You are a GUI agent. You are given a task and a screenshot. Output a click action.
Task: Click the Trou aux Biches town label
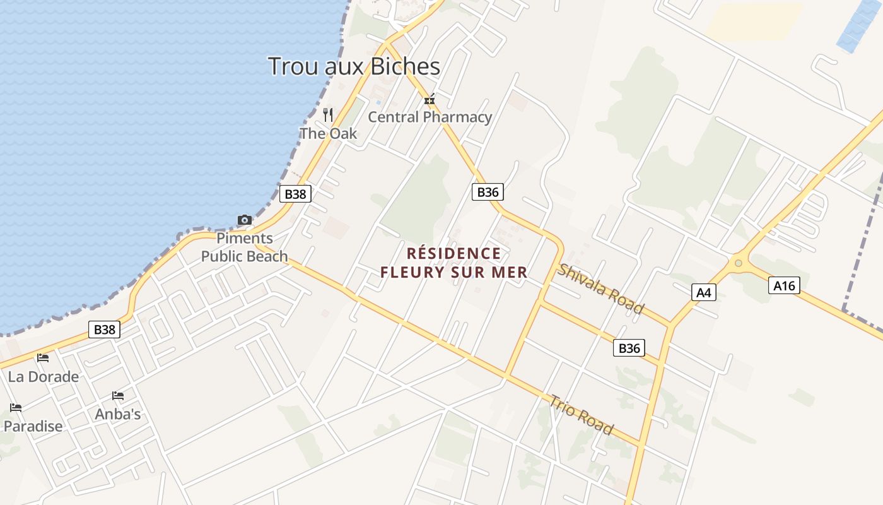[354, 66]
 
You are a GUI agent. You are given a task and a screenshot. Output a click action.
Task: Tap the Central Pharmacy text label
[430, 117]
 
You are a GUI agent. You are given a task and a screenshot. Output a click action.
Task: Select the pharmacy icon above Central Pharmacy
[430, 100]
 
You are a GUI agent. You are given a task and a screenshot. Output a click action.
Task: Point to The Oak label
[328, 133]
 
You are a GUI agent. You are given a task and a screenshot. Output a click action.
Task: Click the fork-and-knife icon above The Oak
[328, 114]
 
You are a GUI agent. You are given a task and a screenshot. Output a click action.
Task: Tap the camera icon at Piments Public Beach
[245, 220]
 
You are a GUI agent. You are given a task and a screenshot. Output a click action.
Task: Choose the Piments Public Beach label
[245, 247]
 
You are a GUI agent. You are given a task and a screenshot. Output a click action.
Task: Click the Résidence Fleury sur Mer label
[453, 263]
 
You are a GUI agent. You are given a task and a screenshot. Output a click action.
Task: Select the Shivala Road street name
[600, 288]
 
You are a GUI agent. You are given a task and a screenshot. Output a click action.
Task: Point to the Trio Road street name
[582, 415]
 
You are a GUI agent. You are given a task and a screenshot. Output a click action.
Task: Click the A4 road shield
[704, 292]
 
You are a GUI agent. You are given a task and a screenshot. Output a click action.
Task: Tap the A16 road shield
[785, 286]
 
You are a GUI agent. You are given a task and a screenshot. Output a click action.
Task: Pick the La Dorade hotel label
[44, 377]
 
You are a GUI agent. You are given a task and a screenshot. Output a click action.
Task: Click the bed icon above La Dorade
[43, 358]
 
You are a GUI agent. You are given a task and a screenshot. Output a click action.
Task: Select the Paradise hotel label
[33, 426]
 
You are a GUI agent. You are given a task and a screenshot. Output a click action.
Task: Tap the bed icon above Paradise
[16, 408]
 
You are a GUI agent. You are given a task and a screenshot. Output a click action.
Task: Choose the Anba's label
[118, 414]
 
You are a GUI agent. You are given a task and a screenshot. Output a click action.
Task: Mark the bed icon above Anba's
[118, 396]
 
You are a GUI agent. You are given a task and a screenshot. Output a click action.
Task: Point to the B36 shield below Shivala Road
[629, 348]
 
